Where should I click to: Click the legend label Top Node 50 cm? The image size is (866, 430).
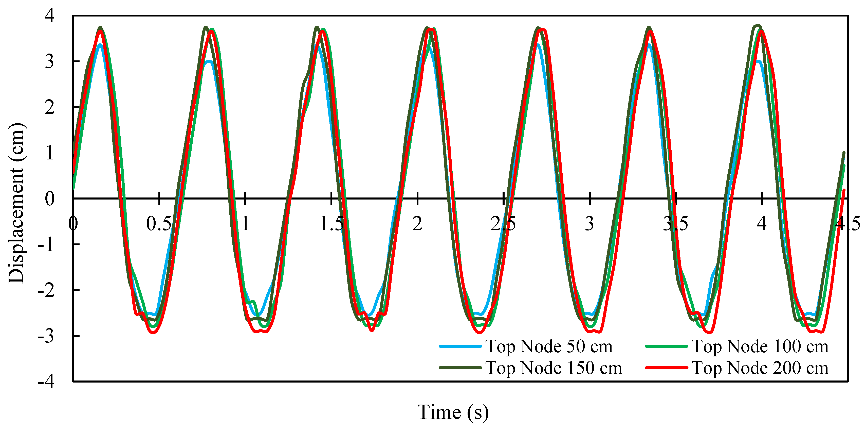pyautogui.click(x=549, y=346)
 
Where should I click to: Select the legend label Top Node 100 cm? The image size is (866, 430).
pyautogui.click(x=760, y=346)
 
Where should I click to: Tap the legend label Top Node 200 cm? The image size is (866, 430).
pyautogui.click(x=760, y=368)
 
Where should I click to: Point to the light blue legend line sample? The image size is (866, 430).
pyautogui.click(x=460, y=346)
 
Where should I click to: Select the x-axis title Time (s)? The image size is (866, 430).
pyautogui.click(x=453, y=412)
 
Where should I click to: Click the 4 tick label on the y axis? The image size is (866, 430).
pyautogui.click(x=49, y=16)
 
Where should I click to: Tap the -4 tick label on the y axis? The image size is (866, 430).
pyautogui.click(x=46, y=382)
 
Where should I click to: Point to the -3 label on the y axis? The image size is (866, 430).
pyautogui.click(x=46, y=336)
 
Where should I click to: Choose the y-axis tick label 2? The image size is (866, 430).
pyautogui.click(x=49, y=107)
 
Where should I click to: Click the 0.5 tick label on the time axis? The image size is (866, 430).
pyautogui.click(x=159, y=224)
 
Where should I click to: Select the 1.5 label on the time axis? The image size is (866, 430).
pyautogui.click(x=331, y=224)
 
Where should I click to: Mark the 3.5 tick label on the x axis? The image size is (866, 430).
pyautogui.click(x=675, y=224)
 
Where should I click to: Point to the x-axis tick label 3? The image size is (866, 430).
pyautogui.click(x=589, y=224)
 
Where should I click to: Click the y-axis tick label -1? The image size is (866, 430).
pyautogui.click(x=46, y=244)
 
